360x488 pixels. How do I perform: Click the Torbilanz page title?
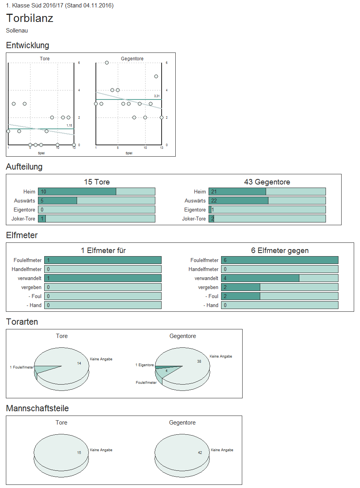(x=30, y=18)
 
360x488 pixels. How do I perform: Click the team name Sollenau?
(x=17, y=31)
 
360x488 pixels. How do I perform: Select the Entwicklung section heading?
(x=27, y=45)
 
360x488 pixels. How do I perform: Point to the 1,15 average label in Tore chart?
(x=69, y=125)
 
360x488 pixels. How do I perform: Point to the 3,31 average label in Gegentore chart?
(x=157, y=96)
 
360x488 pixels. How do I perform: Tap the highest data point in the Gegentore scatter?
(x=106, y=63)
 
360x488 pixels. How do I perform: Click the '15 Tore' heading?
(x=97, y=182)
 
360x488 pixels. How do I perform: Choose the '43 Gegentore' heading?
(x=267, y=182)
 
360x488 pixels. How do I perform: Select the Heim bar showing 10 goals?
(x=77, y=192)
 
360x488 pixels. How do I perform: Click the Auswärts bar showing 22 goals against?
(x=238, y=201)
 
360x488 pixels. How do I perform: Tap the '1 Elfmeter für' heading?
(x=103, y=251)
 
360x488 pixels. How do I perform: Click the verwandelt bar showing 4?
(x=260, y=278)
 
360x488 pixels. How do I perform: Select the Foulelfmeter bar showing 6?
(x=279, y=260)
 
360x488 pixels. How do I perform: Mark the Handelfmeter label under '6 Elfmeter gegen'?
(x=203, y=269)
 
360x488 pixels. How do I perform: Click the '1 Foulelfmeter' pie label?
(x=22, y=367)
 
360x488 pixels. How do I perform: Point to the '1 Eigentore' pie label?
(x=145, y=365)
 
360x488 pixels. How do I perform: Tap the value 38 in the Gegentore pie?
(x=199, y=361)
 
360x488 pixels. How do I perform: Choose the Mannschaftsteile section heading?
(x=38, y=408)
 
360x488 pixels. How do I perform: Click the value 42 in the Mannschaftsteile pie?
(x=200, y=453)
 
